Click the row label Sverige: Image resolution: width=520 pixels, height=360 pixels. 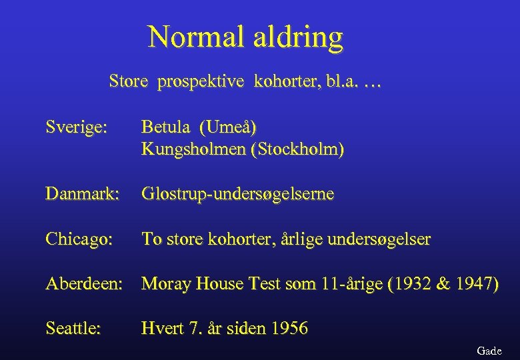[x=75, y=127]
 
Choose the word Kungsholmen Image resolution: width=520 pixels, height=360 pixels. [x=193, y=149]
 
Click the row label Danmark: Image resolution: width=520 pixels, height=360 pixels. [x=82, y=194]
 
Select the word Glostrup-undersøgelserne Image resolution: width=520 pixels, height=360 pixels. [x=238, y=195]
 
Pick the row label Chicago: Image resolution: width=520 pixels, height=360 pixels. [x=79, y=239]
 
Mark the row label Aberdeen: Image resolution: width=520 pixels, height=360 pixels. [x=84, y=284]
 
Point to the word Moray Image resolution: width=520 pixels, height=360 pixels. [x=165, y=284]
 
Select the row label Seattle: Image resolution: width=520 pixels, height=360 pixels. [x=73, y=328]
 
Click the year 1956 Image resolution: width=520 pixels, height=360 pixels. [x=287, y=328]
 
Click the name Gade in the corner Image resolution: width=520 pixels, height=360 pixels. [x=489, y=351]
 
